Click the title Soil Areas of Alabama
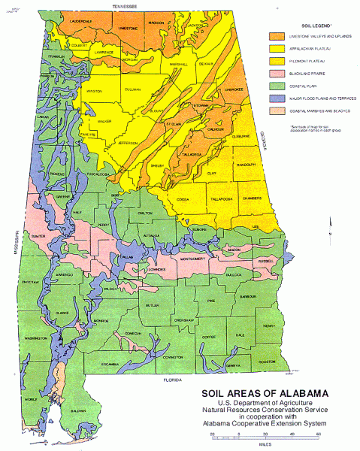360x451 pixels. (x=263, y=393)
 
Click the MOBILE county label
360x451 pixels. (x=30, y=398)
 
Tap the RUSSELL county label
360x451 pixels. (x=267, y=262)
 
